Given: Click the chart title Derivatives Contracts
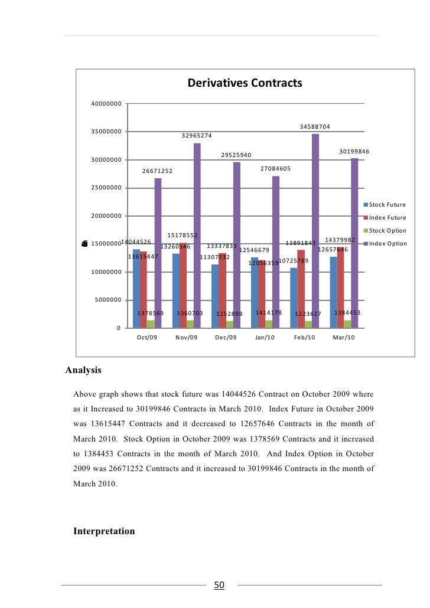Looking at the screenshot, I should pyautogui.click(x=245, y=83).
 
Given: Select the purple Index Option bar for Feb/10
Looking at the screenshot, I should pyautogui.click(x=315, y=230).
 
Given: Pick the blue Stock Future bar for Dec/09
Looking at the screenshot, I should pyautogui.click(x=215, y=296).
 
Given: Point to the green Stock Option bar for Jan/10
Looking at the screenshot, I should pyautogui.click(x=269, y=324).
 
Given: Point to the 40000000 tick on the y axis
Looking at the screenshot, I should pyautogui.click(x=106, y=103).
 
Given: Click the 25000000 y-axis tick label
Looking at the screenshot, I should pyautogui.click(x=106, y=188).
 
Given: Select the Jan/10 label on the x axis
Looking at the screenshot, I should pyautogui.click(x=265, y=338).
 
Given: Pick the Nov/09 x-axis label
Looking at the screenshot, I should pyautogui.click(x=186, y=338).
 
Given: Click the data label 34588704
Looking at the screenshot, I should pyautogui.click(x=315, y=126).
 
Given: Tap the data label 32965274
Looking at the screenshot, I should pyautogui.click(x=197, y=135).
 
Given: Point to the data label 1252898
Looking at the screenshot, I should pyautogui.click(x=229, y=314).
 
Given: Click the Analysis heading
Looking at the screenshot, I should pyautogui.click(x=83, y=371).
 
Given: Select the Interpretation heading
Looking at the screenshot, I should pyautogui.click(x=104, y=531).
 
